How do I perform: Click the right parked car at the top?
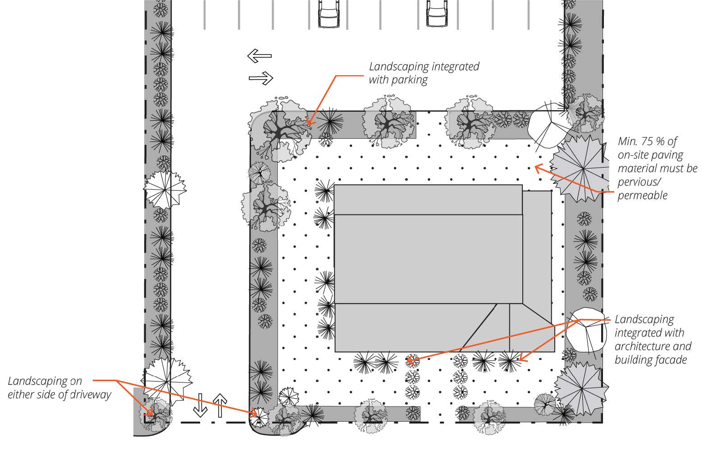click(x=437, y=13)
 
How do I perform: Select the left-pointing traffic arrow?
click(x=260, y=56)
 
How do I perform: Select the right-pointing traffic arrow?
click(x=261, y=78)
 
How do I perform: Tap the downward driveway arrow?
click(x=200, y=405)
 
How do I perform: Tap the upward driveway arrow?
click(x=220, y=405)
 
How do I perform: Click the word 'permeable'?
click(x=643, y=196)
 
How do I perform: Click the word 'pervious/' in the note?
click(x=639, y=182)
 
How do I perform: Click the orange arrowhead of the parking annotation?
click(x=310, y=121)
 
